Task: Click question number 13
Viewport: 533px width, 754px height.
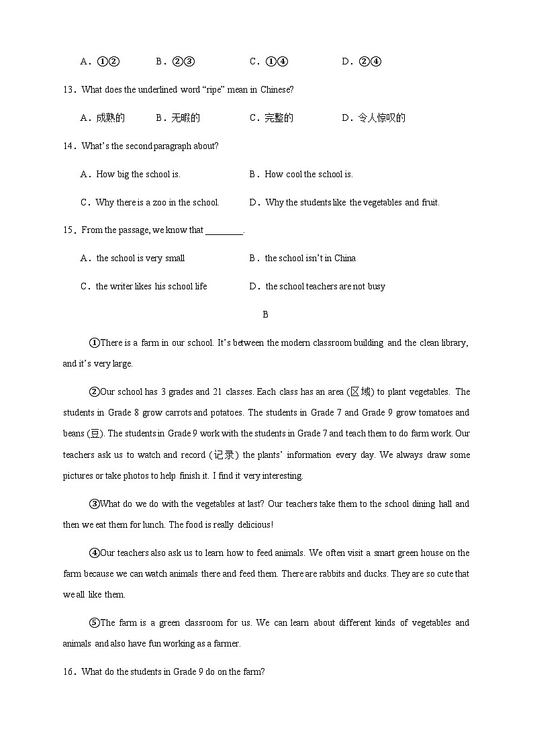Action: coord(68,90)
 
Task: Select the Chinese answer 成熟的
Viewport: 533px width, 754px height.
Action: coord(110,118)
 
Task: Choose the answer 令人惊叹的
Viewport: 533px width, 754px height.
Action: coord(381,118)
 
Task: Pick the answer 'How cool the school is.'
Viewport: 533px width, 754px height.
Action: coord(309,175)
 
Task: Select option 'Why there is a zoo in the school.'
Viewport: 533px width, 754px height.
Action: coord(157,203)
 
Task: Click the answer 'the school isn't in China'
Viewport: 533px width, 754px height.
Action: coord(310,258)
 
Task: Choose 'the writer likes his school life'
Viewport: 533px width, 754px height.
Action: coord(151,287)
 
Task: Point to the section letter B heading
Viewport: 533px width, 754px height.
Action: coord(266,314)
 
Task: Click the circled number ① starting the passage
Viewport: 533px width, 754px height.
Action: coord(94,343)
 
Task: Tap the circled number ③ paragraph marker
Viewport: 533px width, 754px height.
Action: coord(94,504)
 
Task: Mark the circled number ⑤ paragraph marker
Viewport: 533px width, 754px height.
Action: coord(94,623)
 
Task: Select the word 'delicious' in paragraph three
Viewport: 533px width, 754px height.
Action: coord(251,525)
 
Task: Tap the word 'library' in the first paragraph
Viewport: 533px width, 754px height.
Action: coord(452,343)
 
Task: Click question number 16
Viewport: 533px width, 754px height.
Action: coord(68,671)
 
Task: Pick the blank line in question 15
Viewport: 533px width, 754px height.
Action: coord(224,231)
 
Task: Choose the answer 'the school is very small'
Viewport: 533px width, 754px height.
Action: coord(140,258)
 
